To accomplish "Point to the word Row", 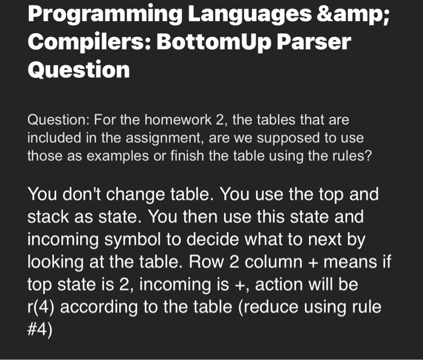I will point(207,262).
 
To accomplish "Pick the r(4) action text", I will point(42,307).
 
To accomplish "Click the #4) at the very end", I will point(40,329).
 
